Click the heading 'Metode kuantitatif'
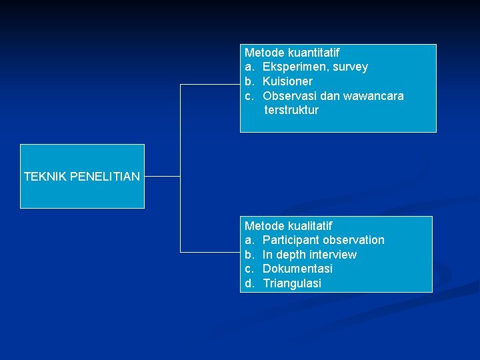tap(292, 52)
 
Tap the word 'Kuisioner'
tap(287, 81)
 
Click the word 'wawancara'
tap(373, 96)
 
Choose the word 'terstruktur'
tap(291, 110)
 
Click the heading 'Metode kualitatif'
tap(288, 226)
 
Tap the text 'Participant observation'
tap(323, 240)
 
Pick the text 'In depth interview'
tap(309, 255)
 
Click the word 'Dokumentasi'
tap(297, 269)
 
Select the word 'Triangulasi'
tap(292, 283)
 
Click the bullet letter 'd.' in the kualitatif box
tap(249, 283)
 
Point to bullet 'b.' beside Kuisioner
tap(249, 81)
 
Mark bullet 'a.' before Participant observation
tap(249, 240)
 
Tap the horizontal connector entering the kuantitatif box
tap(210, 85)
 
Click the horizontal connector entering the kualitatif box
tap(210, 252)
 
